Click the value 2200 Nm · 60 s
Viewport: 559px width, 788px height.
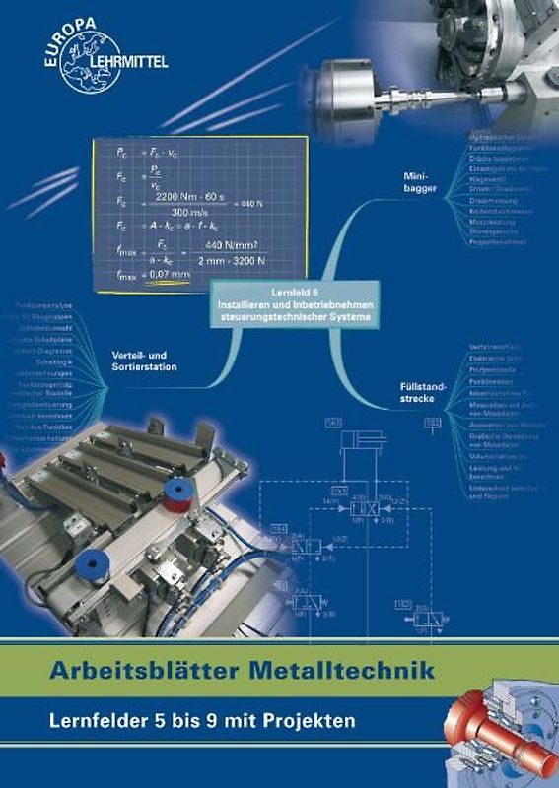179,197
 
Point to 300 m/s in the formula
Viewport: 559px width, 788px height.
179,212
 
